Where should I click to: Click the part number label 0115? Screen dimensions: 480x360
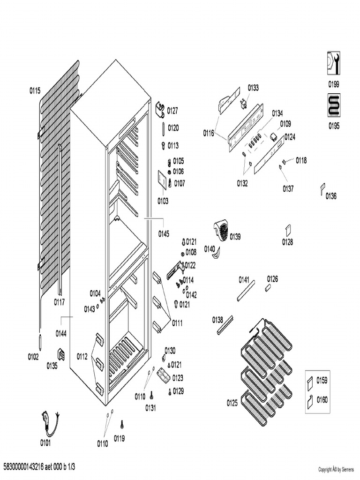(35, 91)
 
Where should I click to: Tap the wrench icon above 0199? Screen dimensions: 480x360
(334, 63)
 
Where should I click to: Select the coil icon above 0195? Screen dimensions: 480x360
(334, 105)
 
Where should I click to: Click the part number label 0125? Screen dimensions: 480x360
(232, 403)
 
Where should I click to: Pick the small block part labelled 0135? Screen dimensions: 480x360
(61, 354)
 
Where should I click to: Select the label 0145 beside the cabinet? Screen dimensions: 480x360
(164, 233)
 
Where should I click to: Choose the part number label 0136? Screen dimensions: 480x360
(331, 196)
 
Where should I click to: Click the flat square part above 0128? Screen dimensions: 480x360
(288, 231)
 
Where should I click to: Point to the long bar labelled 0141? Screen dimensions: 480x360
(246, 291)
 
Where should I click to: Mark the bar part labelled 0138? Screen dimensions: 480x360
(225, 325)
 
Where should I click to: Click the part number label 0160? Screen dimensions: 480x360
(322, 400)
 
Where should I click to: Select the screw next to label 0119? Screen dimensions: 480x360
(122, 424)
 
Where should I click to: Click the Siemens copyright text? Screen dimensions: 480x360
(336, 469)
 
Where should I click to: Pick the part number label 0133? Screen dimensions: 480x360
(253, 88)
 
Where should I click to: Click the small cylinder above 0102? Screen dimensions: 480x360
(41, 342)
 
